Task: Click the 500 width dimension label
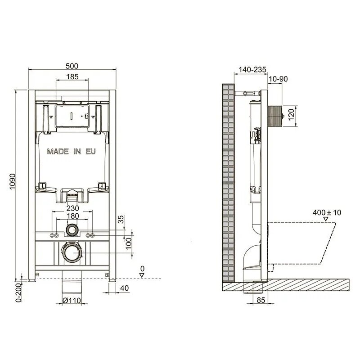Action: click(x=72, y=66)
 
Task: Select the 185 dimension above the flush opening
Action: click(x=72, y=76)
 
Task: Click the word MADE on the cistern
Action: click(x=58, y=152)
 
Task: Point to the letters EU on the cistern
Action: click(x=91, y=152)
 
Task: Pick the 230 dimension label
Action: click(x=72, y=208)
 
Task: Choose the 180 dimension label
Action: click(x=72, y=216)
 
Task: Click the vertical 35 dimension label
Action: click(x=121, y=219)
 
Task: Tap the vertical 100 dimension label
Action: click(x=129, y=243)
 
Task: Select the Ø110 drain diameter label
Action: click(x=72, y=300)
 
